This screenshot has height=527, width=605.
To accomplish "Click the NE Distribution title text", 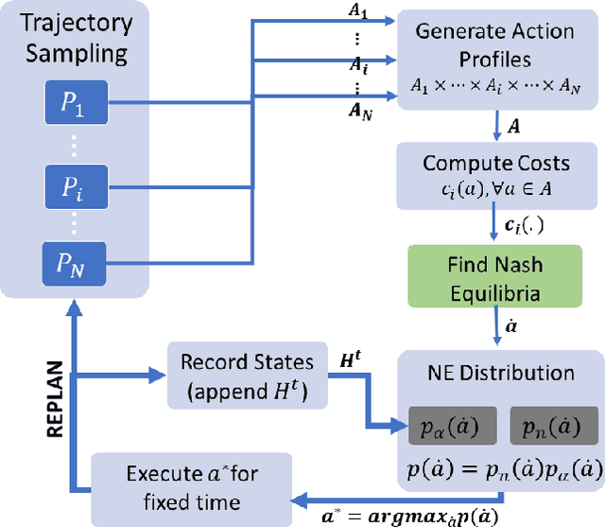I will pyautogui.click(x=497, y=372).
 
